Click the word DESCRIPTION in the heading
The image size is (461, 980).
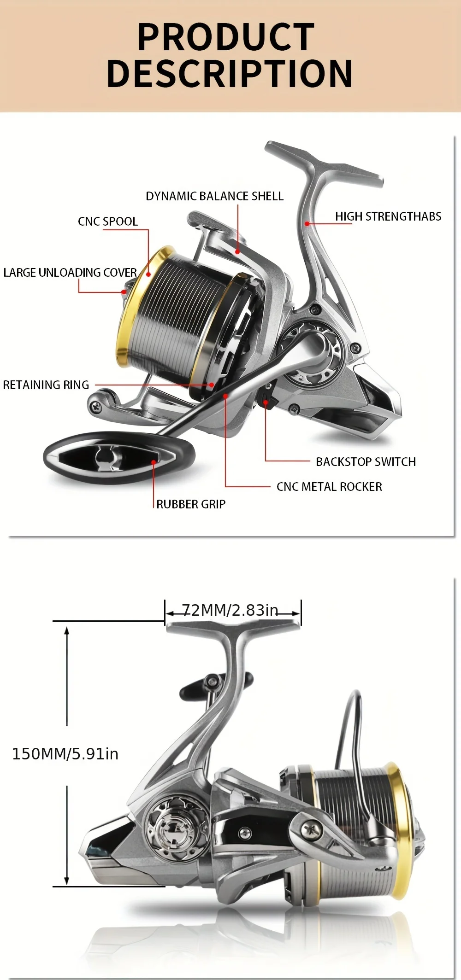tap(229, 73)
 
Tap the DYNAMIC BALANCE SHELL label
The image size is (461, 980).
tap(214, 196)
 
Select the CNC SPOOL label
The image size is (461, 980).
tap(108, 222)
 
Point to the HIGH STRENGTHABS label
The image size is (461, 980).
tap(388, 216)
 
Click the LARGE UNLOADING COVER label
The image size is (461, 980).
tap(70, 273)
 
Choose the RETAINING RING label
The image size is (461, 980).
tap(46, 385)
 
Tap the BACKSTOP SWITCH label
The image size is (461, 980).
tap(366, 462)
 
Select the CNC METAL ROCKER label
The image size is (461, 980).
tap(329, 487)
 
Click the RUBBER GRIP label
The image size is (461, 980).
tap(191, 504)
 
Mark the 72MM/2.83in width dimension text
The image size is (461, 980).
tap(230, 610)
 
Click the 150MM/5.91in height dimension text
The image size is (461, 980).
tap(65, 754)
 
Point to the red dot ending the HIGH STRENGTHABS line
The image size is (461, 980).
tap(307, 224)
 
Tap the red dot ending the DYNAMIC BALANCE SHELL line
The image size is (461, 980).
tap(237, 251)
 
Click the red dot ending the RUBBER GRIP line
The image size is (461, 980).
tap(154, 462)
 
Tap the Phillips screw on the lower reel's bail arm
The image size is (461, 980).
tap(309, 829)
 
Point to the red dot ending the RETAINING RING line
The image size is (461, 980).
tap(212, 385)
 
